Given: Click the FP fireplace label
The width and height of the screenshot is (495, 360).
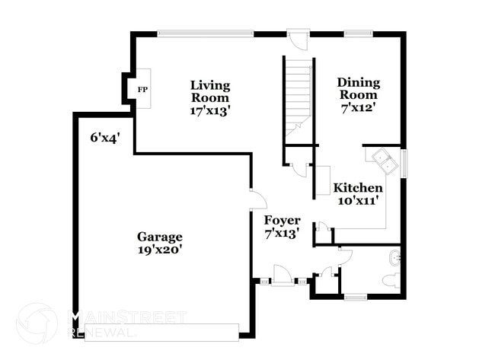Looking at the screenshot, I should (x=142, y=89).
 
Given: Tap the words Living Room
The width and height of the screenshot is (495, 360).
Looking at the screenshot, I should (x=210, y=91).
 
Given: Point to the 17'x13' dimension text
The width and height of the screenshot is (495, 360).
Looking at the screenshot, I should (x=210, y=110).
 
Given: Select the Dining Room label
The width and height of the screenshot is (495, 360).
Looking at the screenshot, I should (x=358, y=88).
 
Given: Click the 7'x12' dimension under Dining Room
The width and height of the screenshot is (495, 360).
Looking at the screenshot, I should (x=358, y=107).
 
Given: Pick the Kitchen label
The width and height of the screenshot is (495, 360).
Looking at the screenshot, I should (x=353, y=187).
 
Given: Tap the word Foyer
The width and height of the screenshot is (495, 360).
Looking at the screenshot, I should (x=282, y=220).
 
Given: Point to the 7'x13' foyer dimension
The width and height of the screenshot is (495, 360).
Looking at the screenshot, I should (x=282, y=233).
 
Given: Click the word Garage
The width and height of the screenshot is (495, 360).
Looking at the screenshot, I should (x=159, y=236).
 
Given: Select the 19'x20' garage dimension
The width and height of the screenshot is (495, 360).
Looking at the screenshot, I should (x=159, y=249).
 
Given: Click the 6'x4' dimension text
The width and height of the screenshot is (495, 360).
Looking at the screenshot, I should (x=106, y=137).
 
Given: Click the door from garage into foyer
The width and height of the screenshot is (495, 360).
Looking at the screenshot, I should (x=257, y=199).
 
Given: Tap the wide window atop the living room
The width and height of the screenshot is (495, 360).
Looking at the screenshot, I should (x=210, y=33).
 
